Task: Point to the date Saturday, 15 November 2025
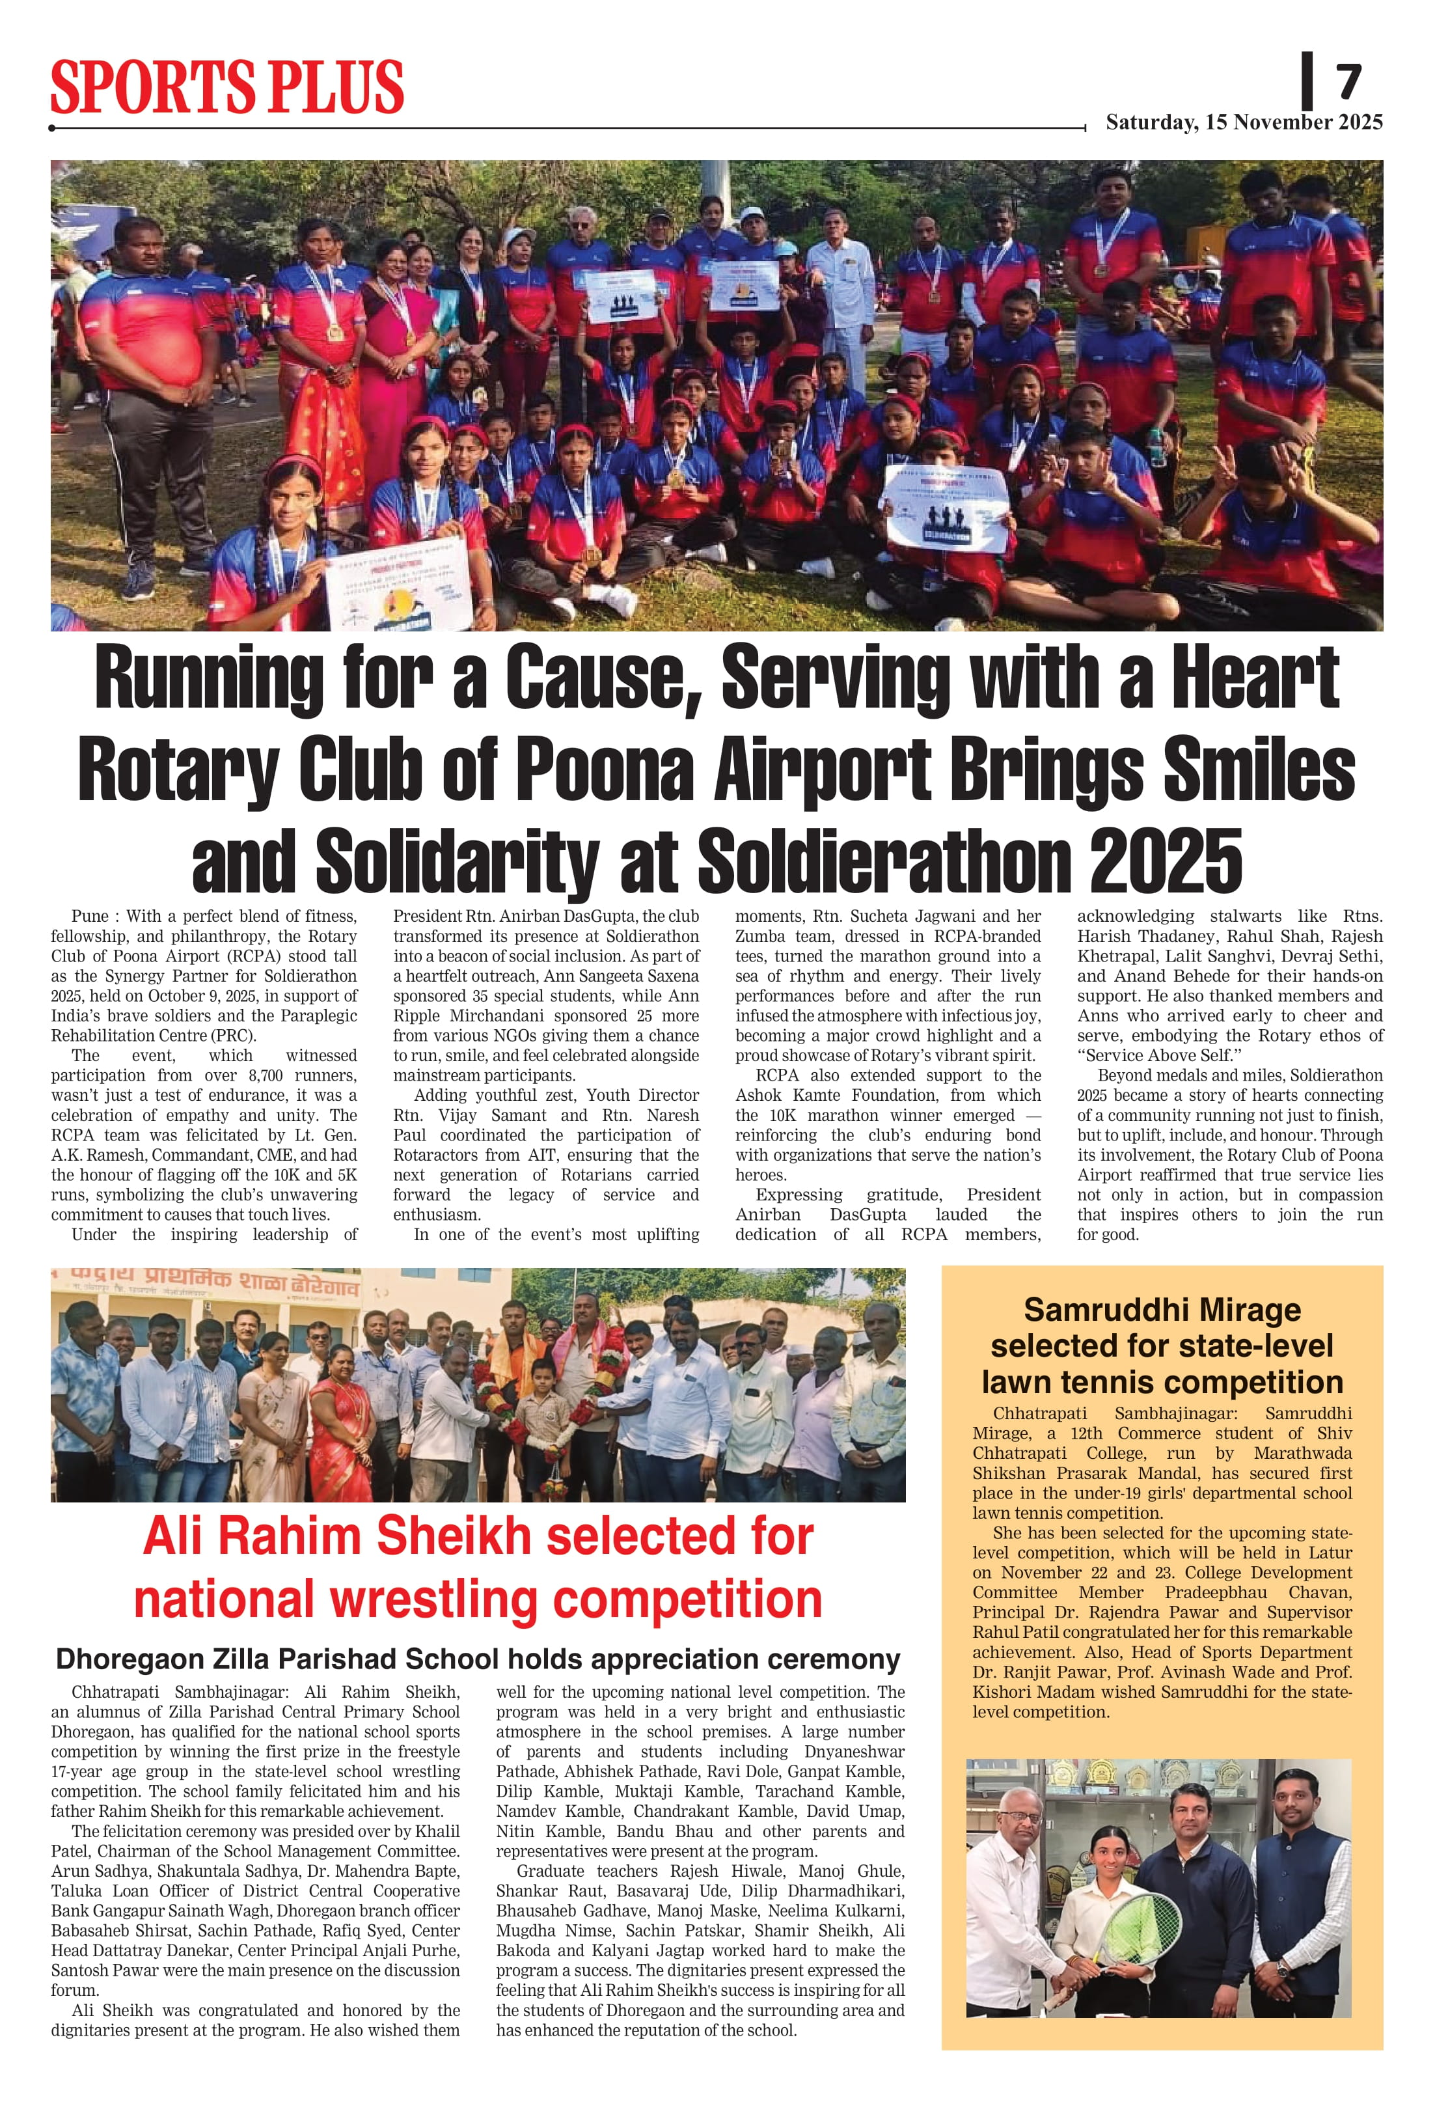pos(1243,122)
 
